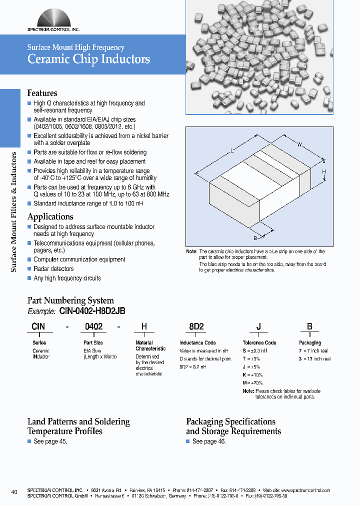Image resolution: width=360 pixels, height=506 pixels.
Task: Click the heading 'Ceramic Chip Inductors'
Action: click(x=88, y=59)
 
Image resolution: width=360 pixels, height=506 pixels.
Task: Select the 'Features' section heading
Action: click(x=42, y=93)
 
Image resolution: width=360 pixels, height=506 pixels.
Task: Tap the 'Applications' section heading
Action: click(x=50, y=216)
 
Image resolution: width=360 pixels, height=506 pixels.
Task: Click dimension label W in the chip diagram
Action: click(x=299, y=145)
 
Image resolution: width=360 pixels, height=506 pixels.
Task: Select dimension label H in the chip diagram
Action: click(x=324, y=171)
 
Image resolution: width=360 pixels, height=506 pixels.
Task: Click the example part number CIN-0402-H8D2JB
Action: click(x=92, y=311)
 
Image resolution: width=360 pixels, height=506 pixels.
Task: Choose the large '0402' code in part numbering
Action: click(x=94, y=326)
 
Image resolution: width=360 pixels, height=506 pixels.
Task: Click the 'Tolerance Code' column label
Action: click(x=259, y=342)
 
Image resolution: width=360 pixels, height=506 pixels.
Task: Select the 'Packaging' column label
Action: click(x=310, y=342)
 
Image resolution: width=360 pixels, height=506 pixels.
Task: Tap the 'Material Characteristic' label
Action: click(x=150, y=345)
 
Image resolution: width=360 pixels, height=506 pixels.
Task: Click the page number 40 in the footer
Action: click(x=14, y=492)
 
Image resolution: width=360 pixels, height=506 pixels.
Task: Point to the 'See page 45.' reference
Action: click(x=50, y=441)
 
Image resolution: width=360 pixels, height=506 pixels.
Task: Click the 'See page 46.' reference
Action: click(x=209, y=441)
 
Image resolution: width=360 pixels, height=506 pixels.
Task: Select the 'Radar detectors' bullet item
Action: click(x=53, y=269)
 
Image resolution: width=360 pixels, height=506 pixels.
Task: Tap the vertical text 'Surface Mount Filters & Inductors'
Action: click(x=14, y=212)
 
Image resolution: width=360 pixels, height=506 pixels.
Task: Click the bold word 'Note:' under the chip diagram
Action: click(x=191, y=251)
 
